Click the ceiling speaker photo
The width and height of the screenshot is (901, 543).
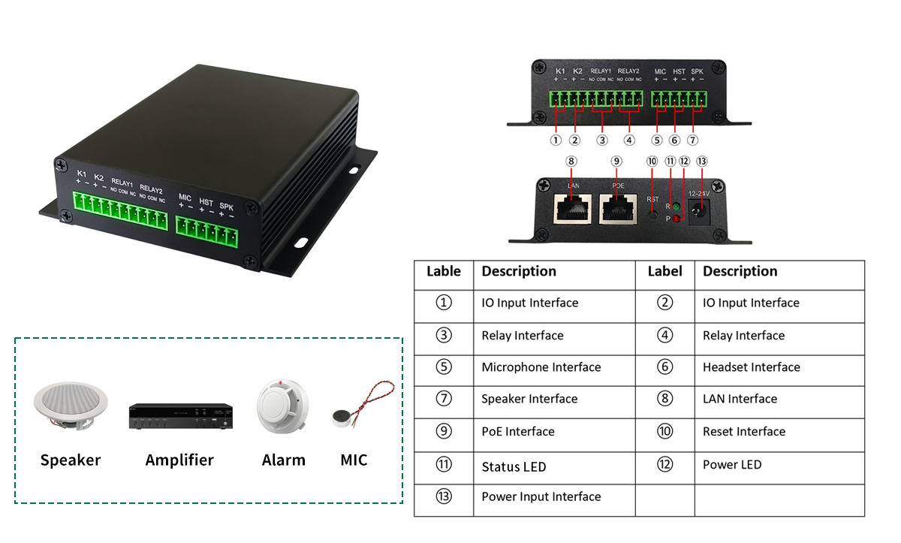pyautogui.click(x=71, y=406)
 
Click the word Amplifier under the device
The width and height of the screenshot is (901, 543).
pyautogui.click(x=179, y=460)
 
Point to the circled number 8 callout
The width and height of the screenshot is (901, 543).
pyautogui.click(x=571, y=161)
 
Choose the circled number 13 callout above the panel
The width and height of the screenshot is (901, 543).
pyautogui.click(x=701, y=161)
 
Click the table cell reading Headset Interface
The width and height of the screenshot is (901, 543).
pyautogui.click(x=751, y=367)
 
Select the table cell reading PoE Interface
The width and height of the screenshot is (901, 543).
pyautogui.click(x=517, y=432)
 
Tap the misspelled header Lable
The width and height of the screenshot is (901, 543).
pyautogui.click(x=443, y=271)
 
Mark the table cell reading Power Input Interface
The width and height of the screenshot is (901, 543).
pyautogui.click(x=541, y=496)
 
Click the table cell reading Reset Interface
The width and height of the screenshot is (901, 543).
pyautogui.click(x=743, y=432)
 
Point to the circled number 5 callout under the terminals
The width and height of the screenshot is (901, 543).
pyautogui.click(x=657, y=140)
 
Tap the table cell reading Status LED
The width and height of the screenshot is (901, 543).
pyautogui.click(x=514, y=467)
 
